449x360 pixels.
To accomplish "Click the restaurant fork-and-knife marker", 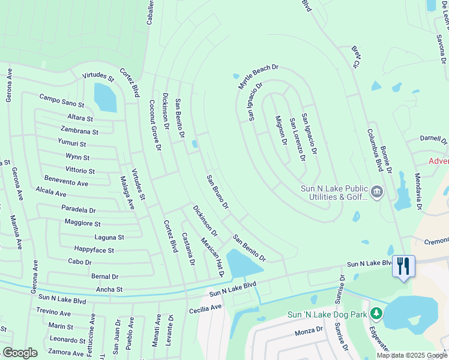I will [403, 266].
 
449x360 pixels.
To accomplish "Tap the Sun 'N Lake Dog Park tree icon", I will [376, 313].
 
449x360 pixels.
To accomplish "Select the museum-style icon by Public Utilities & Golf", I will [376, 192].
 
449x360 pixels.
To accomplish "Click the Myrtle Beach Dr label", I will [259, 77].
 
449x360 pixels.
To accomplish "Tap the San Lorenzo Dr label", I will [298, 140].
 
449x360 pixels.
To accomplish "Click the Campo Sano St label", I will [62, 100].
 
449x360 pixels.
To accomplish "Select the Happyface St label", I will [94, 249].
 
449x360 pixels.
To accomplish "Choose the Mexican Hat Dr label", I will [212, 256].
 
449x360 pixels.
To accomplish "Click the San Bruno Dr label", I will [217, 192].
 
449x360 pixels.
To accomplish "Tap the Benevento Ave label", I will [66, 181].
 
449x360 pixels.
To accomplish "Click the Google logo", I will [20, 353].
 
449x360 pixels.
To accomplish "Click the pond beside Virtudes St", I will [106, 97].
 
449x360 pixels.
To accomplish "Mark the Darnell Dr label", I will [433, 139].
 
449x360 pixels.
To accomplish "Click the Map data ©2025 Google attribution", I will [412, 355].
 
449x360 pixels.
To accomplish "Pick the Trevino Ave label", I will [53, 313].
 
